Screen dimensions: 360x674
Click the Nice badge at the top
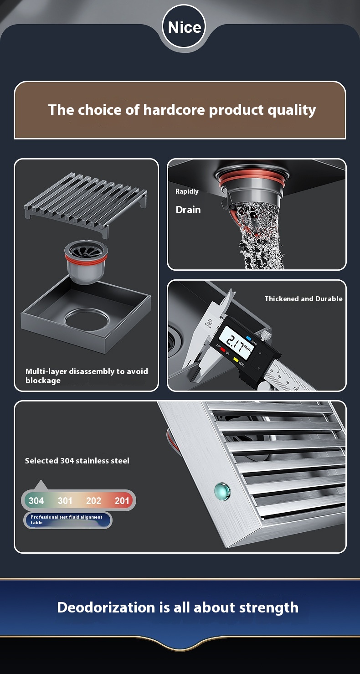184,26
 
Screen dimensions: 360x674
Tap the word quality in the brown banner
292,111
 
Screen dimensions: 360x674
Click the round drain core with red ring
86,261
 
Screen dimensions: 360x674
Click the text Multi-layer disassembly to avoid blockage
87,376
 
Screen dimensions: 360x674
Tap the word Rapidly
187,192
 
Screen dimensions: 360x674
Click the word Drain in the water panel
188,210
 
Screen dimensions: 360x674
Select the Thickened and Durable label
303,299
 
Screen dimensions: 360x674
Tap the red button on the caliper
223,350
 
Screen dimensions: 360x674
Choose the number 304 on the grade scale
36,501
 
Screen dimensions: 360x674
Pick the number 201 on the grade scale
122,501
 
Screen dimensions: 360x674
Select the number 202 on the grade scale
93,501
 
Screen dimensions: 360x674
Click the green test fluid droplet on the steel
222,491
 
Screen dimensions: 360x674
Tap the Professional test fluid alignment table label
67,520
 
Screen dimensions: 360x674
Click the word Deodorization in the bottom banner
106,607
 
